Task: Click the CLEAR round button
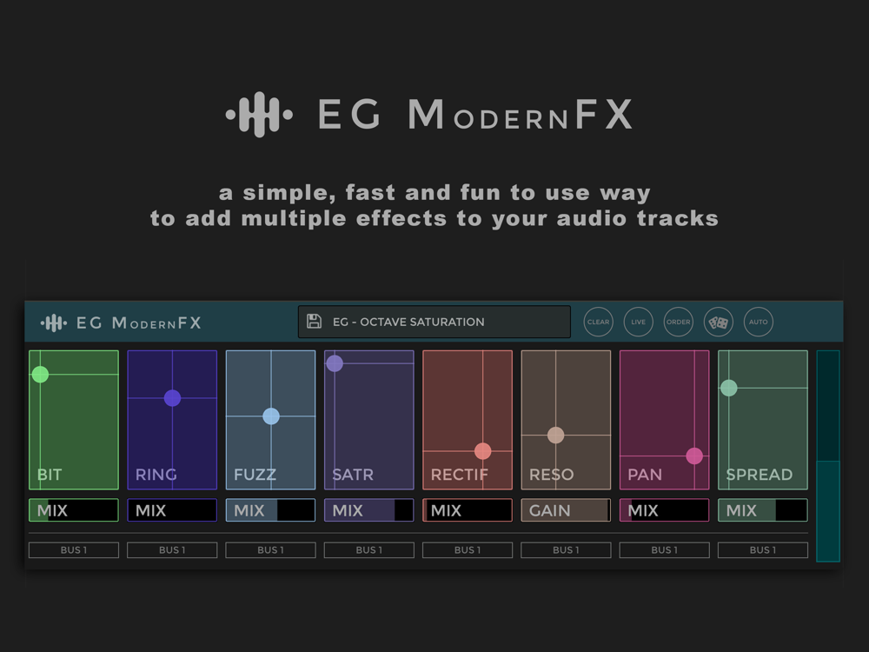[598, 322]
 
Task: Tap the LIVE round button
[638, 322]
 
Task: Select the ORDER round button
[679, 322]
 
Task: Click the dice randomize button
[719, 322]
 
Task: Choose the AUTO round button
[758, 322]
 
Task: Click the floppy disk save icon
[315, 322]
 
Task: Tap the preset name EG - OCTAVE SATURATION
[408, 323]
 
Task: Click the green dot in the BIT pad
[40, 374]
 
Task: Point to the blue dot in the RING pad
[172, 398]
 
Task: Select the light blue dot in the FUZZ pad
[271, 416]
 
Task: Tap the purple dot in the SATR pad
[335, 363]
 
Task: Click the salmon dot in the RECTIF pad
[482, 451]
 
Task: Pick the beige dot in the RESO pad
[556, 436]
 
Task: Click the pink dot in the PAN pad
[694, 456]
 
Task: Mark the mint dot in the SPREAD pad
[729, 388]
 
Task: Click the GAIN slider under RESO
[566, 510]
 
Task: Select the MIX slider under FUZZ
[270, 510]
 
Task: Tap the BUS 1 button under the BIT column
[74, 550]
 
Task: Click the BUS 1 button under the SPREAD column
[763, 550]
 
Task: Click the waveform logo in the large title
[259, 115]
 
